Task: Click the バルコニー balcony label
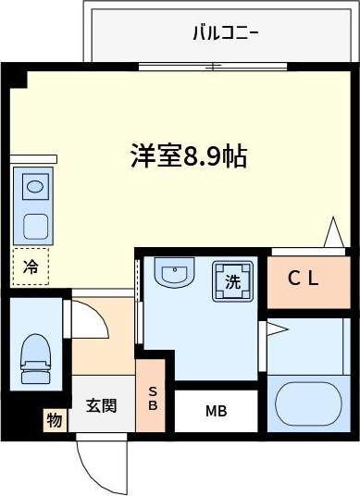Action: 225,34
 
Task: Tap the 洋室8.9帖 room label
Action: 188,155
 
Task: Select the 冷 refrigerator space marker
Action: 31,267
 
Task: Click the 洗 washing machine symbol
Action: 233,280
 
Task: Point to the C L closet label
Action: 304,279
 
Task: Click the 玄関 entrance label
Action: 101,405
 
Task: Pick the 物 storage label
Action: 55,421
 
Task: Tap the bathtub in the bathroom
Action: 309,403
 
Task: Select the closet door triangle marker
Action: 334,232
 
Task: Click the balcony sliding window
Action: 211,67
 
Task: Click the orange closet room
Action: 304,282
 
